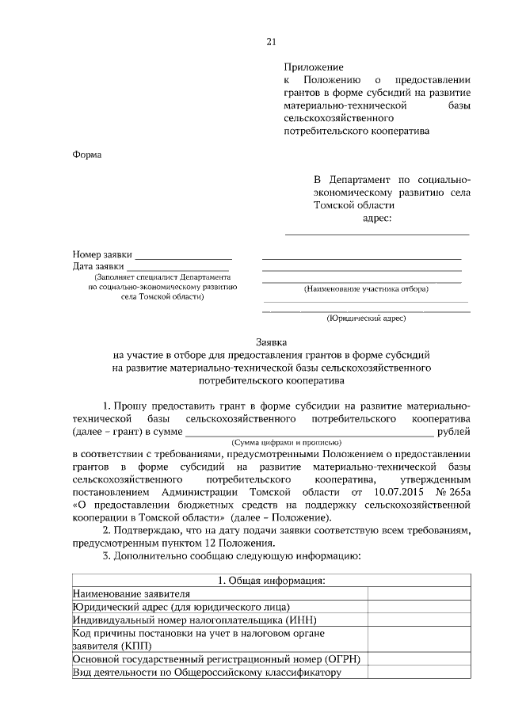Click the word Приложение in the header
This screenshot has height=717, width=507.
314,67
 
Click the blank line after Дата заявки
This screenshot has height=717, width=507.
181,269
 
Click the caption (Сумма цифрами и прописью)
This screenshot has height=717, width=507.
286,442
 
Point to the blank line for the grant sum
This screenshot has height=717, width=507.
309,432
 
